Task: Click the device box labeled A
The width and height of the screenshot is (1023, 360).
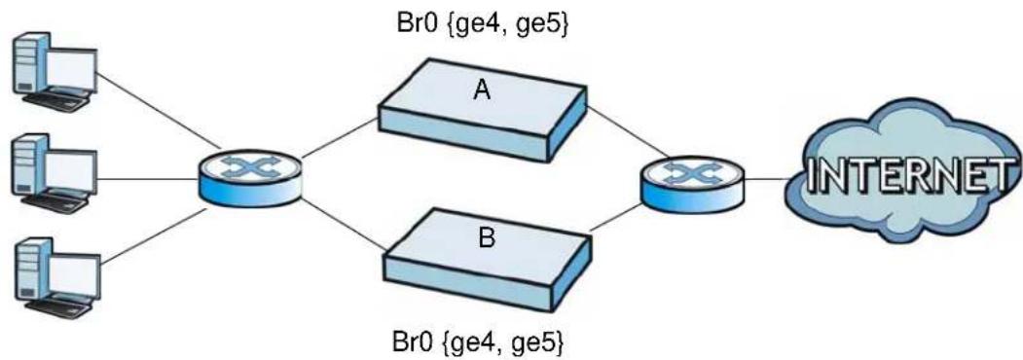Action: (483, 111)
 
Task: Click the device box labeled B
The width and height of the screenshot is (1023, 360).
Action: (488, 258)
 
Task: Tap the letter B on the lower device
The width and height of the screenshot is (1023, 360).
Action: (487, 238)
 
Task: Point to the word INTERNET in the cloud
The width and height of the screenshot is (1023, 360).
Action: (909, 176)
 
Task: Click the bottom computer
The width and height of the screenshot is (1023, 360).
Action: (55, 277)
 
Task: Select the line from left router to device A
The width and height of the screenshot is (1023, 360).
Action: (340, 138)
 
